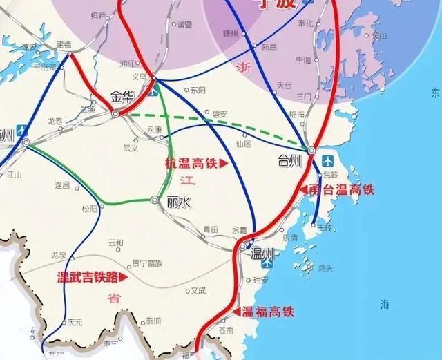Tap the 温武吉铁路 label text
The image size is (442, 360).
click(x=87, y=278)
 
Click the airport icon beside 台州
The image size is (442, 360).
click(x=328, y=160)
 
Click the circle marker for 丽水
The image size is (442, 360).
click(x=155, y=200)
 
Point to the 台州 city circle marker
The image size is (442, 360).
click(x=311, y=150)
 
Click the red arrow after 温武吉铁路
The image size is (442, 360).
click(x=124, y=278)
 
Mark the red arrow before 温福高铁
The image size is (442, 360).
click(x=236, y=312)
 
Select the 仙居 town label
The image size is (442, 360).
click(x=243, y=144)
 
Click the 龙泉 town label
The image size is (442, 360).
click(x=58, y=255)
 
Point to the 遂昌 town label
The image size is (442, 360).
click(x=62, y=185)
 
